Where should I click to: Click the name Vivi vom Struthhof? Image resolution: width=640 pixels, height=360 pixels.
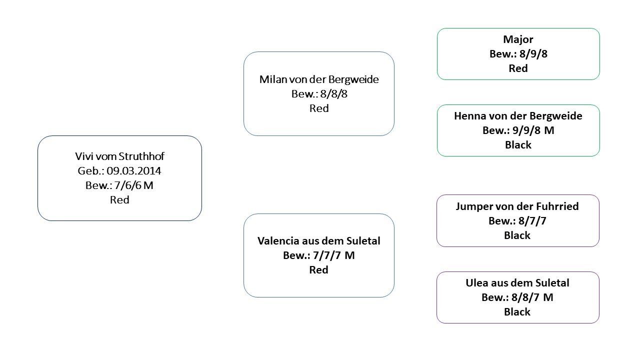click(119, 156)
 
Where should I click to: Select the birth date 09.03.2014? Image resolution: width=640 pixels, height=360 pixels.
click(134, 171)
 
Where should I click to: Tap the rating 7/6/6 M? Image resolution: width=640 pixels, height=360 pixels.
click(133, 185)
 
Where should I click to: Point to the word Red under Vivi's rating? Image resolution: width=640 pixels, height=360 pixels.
click(119, 199)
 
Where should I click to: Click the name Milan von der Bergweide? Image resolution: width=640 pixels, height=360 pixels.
click(319, 79)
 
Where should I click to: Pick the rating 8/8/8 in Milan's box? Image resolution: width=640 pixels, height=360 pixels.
click(333, 94)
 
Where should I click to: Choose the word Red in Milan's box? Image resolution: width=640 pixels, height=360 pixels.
click(319, 108)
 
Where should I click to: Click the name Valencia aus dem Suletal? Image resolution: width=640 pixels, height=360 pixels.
click(319, 241)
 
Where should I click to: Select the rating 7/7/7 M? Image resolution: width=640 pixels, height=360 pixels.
click(333, 255)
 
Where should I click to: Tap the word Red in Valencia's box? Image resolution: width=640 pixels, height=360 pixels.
click(319, 269)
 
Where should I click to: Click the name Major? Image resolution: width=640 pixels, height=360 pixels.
click(518, 39)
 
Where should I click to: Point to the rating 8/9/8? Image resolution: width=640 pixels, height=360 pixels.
click(533, 54)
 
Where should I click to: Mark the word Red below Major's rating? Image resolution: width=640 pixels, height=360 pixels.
click(518, 68)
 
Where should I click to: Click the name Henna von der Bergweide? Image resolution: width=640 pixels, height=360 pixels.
click(518, 116)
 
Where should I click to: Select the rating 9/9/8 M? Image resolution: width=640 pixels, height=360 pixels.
click(533, 130)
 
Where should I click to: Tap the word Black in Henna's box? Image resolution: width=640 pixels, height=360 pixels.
click(518, 145)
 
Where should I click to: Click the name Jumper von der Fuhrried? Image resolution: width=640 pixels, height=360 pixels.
click(517, 206)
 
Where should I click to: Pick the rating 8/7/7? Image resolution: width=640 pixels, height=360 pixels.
click(532, 221)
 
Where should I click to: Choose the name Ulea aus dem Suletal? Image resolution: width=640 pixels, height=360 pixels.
click(517, 283)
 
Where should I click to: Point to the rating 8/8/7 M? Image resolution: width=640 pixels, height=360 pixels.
click(532, 297)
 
